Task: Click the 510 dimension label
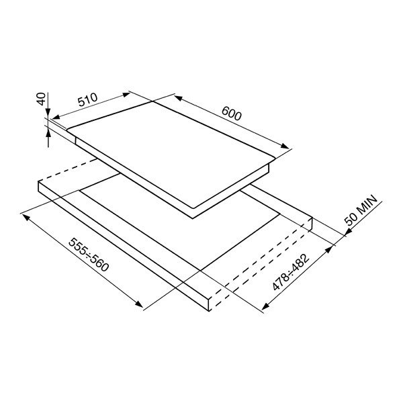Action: click(x=88, y=99)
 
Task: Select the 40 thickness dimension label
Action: click(x=42, y=99)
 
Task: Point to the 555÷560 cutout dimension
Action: click(x=89, y=255)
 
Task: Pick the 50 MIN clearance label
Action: click(x=361, y=210)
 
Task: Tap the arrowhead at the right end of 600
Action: click(x=285, y=146)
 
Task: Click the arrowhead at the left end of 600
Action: click(x=178, y=98)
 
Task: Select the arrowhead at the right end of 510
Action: click(x=126, y=95)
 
